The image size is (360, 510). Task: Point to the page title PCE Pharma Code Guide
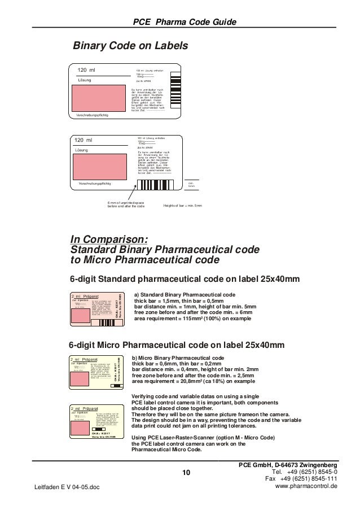[x=183, y=22]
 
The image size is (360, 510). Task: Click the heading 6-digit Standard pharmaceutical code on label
[x=184, y=280]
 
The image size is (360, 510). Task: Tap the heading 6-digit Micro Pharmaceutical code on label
[x=176, y=345]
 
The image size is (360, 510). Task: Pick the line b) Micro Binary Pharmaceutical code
[x=178, y=358]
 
